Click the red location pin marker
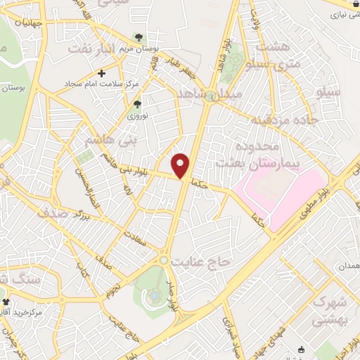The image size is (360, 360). tap(181, 165)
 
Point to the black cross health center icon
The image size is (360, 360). tap(102, 72)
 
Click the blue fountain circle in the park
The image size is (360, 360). tap(154, 295)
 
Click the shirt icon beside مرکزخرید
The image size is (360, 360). tap(6, 301)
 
